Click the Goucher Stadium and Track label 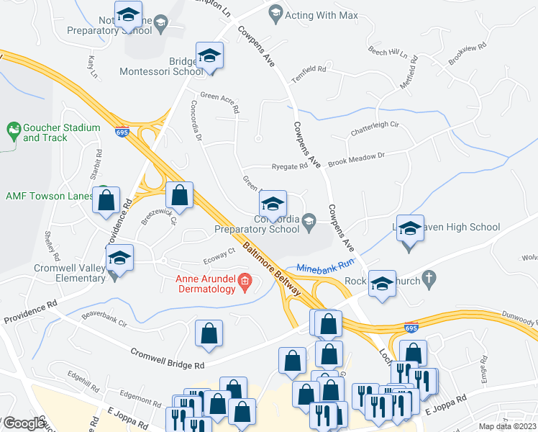(x=61, y=132)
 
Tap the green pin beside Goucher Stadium (x=13, y=131)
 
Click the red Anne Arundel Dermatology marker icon (x=245, y=282)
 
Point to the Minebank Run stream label (x=327, y=266)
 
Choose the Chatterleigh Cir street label (x=375, y=129)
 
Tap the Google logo (x=24, y=424)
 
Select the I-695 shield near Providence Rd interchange (x=121, y=132)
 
